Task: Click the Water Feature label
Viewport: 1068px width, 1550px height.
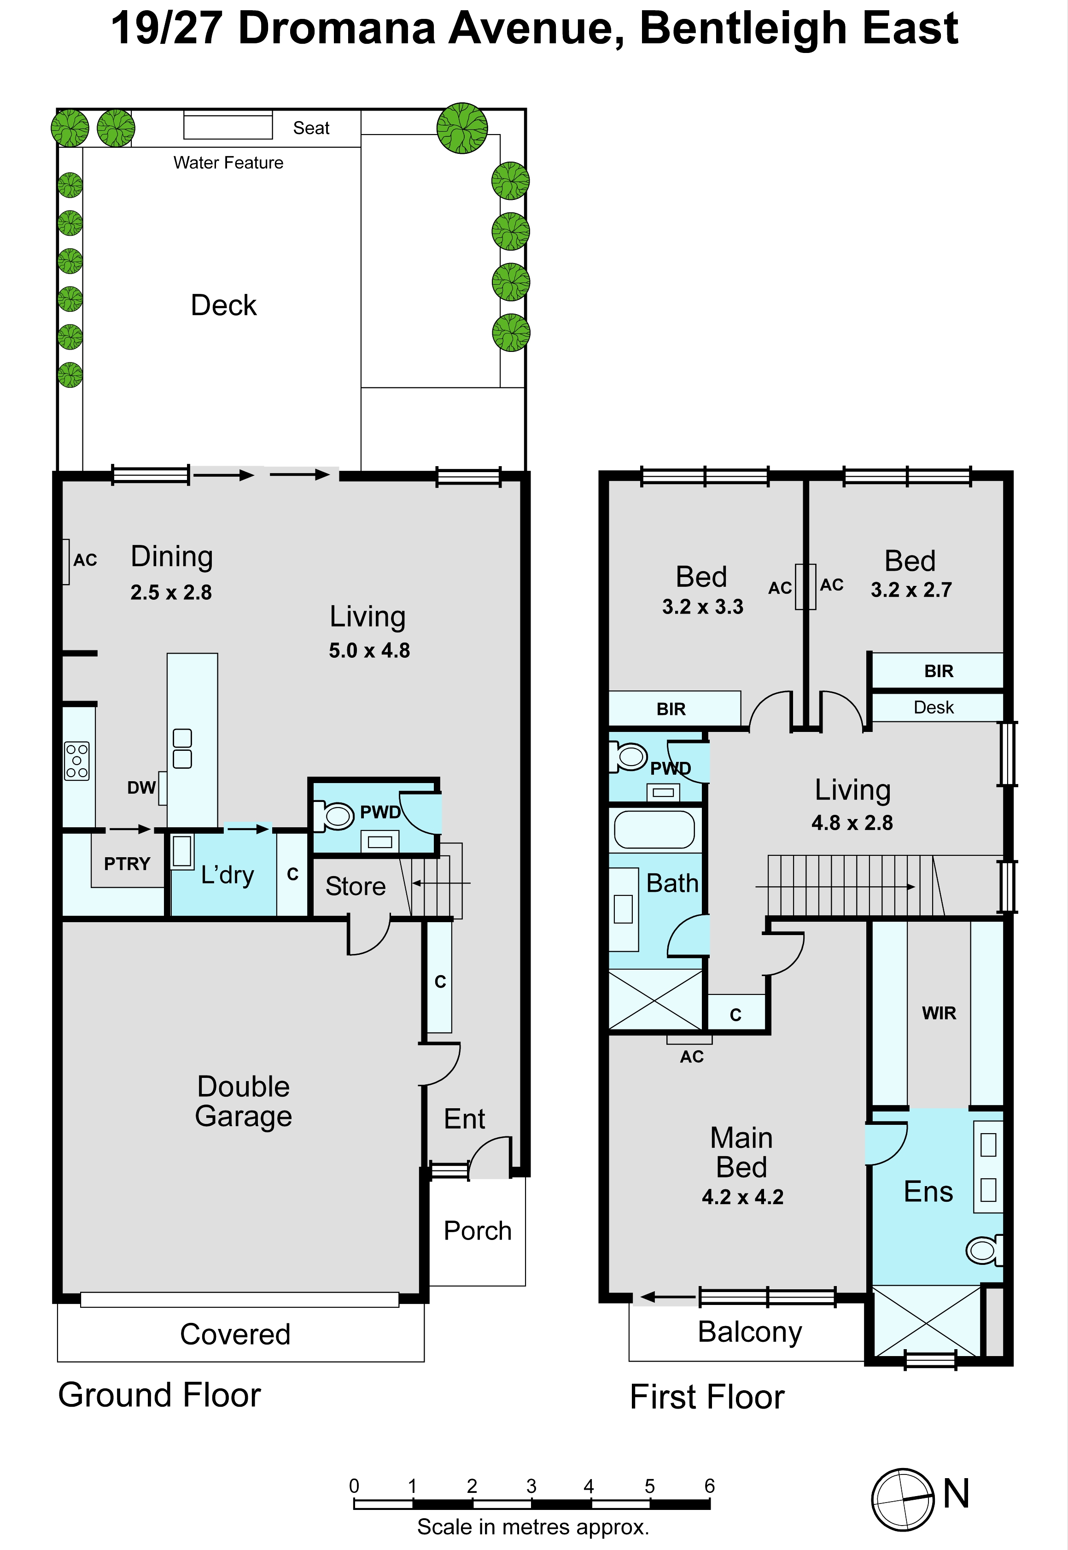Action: pos(228,163)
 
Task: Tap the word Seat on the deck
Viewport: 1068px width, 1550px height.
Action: pos(311,128)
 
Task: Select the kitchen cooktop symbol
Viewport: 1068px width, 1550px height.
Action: pos(77,761)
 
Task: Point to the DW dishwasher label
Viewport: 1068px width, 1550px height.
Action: pos(141,788)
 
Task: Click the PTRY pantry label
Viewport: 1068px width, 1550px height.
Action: pos(127,864)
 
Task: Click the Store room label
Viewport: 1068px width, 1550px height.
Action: pos(356,886)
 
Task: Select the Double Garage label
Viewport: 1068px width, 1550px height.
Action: pos(244,1101)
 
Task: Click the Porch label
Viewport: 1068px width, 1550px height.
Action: pos(477,1231)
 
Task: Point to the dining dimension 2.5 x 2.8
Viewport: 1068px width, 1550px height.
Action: pos(171,592)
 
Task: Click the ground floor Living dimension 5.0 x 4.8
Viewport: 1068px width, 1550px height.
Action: pos(369,650)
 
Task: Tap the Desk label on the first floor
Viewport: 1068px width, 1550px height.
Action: pos(934,708)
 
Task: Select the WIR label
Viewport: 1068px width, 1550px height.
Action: pos(939,1013)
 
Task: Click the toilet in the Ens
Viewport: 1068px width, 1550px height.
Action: pos(984,1250)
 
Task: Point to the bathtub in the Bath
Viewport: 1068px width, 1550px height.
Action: pos(654,830)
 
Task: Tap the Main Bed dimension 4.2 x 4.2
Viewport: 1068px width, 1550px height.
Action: pos(743,1197)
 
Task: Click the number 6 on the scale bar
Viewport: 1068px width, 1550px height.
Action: pos(709,1486)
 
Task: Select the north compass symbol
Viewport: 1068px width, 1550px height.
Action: pos(903,1499)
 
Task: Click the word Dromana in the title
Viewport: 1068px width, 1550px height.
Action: pos(337,28)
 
